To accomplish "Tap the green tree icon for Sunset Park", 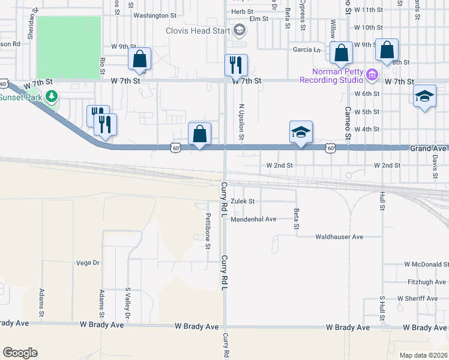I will [52, 96].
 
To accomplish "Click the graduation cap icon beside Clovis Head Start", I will [239, 31].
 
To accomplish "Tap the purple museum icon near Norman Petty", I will [372, 76].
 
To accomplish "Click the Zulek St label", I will [243, 202].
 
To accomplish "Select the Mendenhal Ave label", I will [253, 219].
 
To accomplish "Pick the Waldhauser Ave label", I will [340, 237].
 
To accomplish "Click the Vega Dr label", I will [88, 263].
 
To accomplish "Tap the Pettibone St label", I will [208, 230].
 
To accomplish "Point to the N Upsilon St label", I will [241, 121].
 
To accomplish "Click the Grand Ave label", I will [429, 148].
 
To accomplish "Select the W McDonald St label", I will [426, 264].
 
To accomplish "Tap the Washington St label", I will [155, 16].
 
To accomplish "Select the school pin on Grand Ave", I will [301, 133].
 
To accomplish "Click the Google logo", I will [20, 353].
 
